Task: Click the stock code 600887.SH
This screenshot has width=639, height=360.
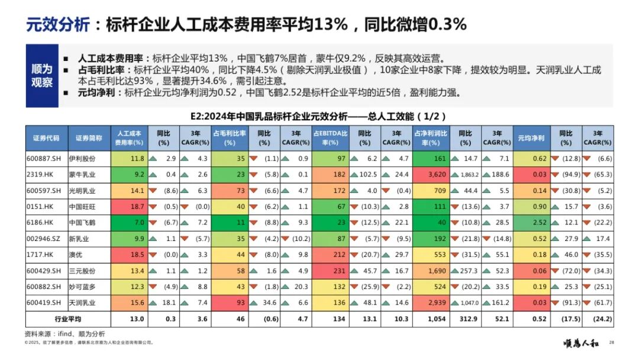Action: coord(44,159)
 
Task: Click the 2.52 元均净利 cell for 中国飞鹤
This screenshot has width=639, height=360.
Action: coord(531,223)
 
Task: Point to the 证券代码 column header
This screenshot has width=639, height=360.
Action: coord(46,138)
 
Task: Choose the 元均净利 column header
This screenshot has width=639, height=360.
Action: coord(531,138)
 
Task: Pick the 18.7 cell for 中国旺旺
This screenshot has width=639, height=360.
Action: coord(131,207)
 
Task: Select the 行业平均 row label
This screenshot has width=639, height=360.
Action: coord(67,319)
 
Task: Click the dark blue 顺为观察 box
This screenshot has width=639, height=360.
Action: coord(42,76)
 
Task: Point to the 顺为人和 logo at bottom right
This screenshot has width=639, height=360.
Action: coord(582,342)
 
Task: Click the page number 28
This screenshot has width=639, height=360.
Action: coord(612,342)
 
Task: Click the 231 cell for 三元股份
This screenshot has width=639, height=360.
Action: coord(333,271)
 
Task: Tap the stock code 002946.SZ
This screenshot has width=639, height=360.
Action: coord(44,239)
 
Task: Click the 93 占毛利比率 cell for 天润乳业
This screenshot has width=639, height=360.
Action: coord(232,303)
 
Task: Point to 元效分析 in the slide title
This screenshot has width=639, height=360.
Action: coord(58,25)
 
